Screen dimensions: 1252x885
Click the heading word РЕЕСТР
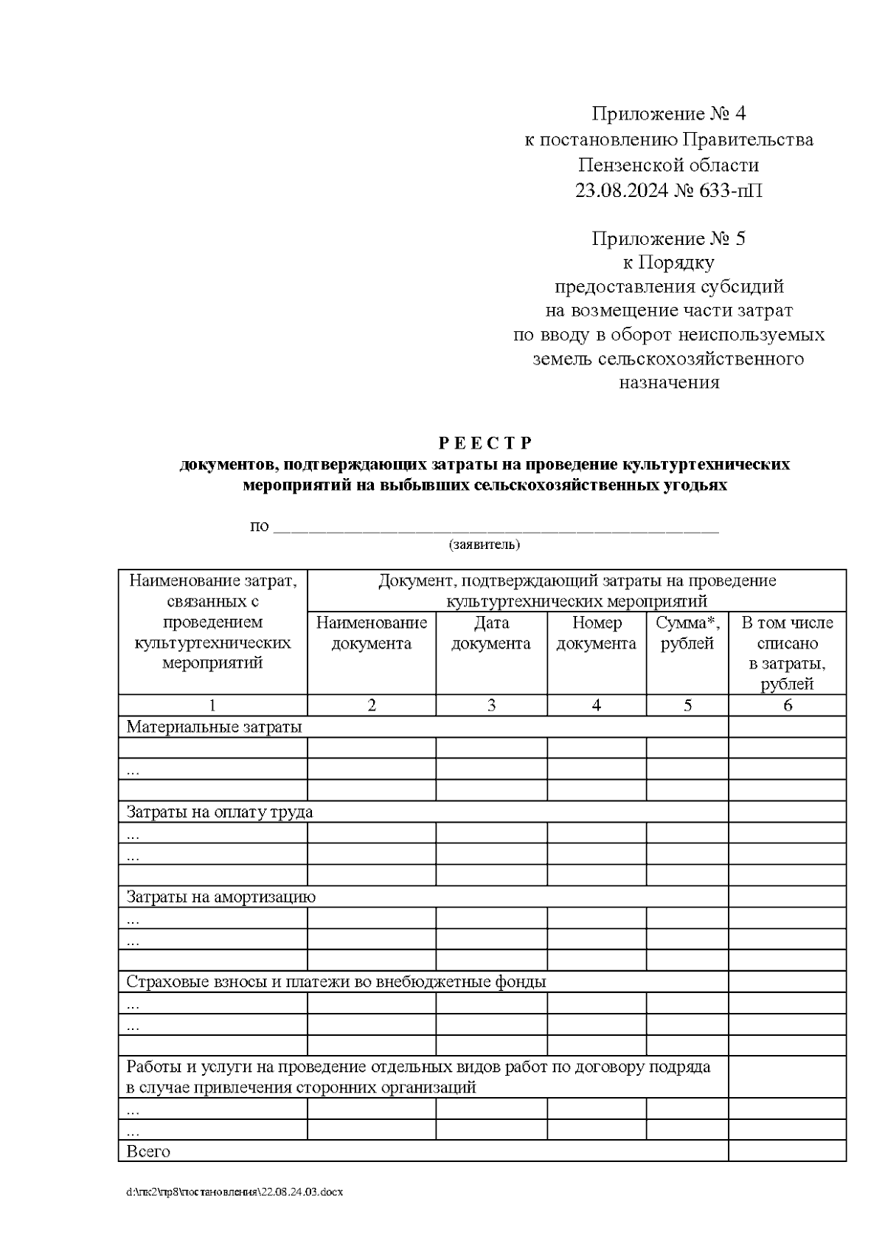point(485,443)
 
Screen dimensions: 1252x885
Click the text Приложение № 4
point(668,114)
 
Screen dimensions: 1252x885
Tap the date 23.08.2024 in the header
point(622,191)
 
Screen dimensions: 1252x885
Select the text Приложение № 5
point(668,239)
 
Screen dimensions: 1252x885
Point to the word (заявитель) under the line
point(484,545)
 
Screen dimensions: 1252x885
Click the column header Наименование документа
point(371,633)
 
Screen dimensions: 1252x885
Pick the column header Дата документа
point(491,633)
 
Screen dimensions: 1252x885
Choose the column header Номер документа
point(596,633)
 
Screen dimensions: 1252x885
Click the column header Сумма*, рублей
point(687,633)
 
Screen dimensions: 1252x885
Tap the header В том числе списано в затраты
point(787,653)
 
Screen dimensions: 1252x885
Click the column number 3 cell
point(491,705)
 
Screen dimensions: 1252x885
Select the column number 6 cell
point(787,705)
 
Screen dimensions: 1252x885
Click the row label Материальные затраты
point(214,727)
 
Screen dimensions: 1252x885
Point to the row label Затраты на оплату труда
point(220,812)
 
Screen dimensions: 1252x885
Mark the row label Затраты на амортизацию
point(221,897)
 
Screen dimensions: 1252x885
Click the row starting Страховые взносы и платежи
point(336,982)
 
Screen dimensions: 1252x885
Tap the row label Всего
point(148,1152)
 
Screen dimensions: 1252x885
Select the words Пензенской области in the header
point(668,165)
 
